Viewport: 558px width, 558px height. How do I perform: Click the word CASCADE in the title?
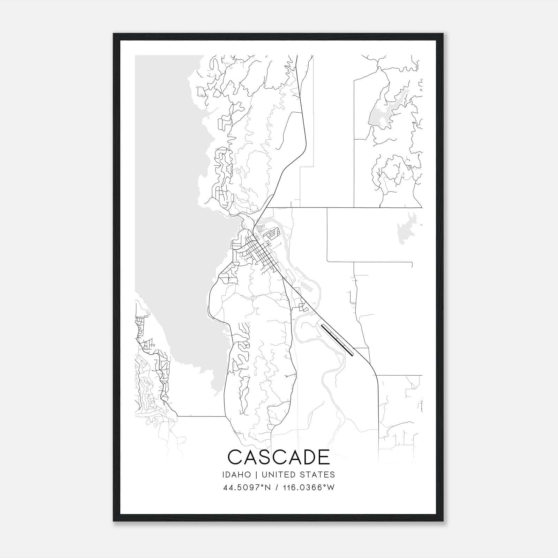click(279, 457)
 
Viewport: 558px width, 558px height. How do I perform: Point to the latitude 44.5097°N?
click(247, 488)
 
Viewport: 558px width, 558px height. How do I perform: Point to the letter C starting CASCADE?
click(234, 457)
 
